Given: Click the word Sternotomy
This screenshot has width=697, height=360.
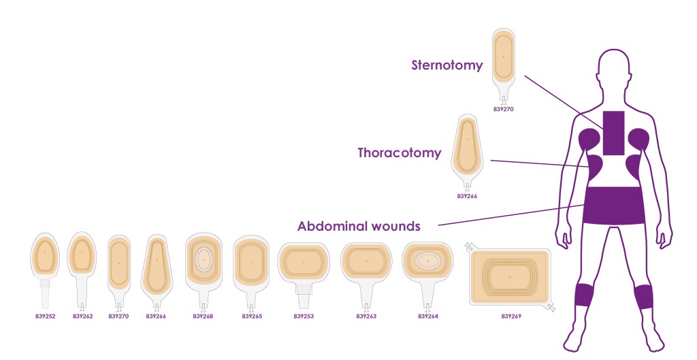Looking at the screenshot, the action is click(x=447, y=65).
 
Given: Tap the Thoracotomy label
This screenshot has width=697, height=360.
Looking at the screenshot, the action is click(x=400, y=153).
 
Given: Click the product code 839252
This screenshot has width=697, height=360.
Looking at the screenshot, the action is click(x=46, y=316).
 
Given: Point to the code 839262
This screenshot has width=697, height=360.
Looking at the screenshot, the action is click(x=82, y=316).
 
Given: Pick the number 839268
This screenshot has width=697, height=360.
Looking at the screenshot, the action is click(x=203, y=316).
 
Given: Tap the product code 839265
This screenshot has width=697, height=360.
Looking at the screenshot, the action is click(x=252, y=316).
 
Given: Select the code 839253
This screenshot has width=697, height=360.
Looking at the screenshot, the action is click(x=304, y=316).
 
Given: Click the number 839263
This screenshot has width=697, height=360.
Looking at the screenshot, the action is click(x=366, y=316).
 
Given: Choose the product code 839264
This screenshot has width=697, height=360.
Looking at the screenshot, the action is click(x=428, y=316).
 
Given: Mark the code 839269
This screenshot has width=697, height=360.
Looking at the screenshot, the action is click(x=511, y=316).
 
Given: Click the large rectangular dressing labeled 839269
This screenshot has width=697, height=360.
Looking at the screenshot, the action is click(x=510, y=278).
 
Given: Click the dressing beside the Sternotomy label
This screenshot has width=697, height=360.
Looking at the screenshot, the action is click(x=504, y=66).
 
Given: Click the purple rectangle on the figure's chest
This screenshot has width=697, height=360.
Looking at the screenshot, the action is click(x=613, y=133).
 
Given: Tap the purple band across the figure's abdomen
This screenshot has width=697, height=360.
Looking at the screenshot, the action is click(x=615, y=206).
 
